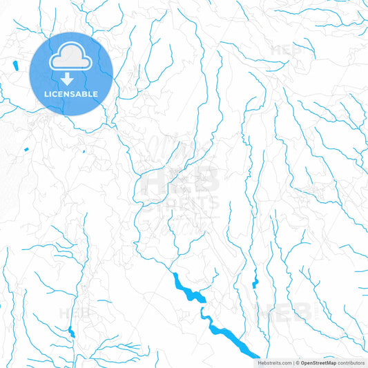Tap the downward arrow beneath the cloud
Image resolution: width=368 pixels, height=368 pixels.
72,77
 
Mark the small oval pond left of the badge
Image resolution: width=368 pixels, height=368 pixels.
14,66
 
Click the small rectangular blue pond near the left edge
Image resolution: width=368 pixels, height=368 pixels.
26,149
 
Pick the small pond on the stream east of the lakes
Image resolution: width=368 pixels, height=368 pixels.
255,282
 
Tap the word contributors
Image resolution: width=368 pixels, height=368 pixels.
351,362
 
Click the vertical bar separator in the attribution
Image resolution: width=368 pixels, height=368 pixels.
293,362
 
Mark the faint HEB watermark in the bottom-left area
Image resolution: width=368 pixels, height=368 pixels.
75,312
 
